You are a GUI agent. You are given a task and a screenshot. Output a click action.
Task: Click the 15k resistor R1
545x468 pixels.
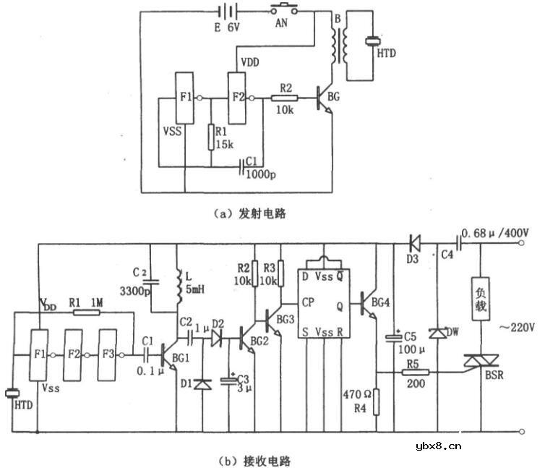click(x=210, y=136)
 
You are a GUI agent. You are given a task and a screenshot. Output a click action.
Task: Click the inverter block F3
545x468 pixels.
click(x=108, y=355)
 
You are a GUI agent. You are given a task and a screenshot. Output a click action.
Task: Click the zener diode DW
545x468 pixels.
click(x=437, y=333)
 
